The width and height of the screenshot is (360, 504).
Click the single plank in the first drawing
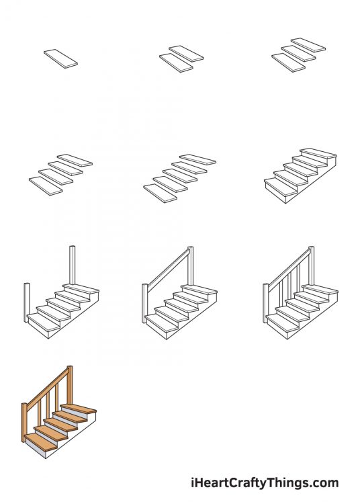tap(61, 58)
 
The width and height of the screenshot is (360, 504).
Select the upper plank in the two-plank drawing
tap(186, 53)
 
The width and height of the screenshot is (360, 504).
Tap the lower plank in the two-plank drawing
tap(177, 62)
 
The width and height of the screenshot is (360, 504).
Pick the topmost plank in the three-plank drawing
tap(308, 44)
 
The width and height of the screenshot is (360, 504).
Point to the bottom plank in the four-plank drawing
tap(46, 185)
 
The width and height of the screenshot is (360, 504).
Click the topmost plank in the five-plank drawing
tap(198, 159)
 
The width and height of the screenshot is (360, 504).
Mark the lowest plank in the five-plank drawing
tap(161, 193)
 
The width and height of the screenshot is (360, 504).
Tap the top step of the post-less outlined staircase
tap(318, 154)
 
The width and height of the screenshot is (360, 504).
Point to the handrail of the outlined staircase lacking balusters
tap(167, 269)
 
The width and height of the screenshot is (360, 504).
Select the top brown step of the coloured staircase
tap(79, 409)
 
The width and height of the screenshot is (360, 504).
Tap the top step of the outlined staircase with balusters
tap(320, 290)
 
